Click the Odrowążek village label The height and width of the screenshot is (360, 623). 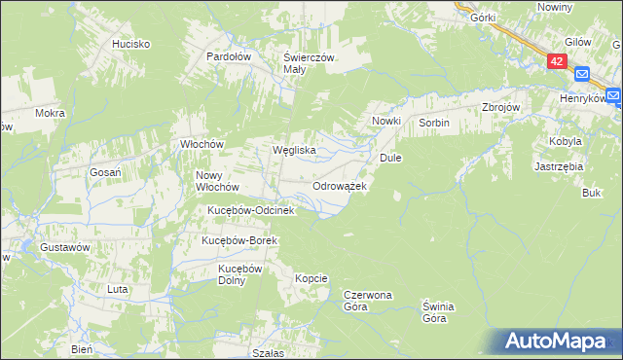pos(339,185)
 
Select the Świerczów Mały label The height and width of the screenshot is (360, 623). pos(309,63)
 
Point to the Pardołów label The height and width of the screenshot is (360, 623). pos(230,56)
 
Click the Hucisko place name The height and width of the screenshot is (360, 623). pos(130,44)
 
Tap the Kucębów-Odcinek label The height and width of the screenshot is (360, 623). pos(249,210)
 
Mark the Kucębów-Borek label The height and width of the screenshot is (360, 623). pos(239,240)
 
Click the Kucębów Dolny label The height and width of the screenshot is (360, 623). pos(239,273)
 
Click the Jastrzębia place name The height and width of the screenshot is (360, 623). pos(559,166)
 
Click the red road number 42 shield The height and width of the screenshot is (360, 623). pos(556,60)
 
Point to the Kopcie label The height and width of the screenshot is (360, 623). pos(311,278)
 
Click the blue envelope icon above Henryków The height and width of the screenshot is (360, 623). pos(582,74)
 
